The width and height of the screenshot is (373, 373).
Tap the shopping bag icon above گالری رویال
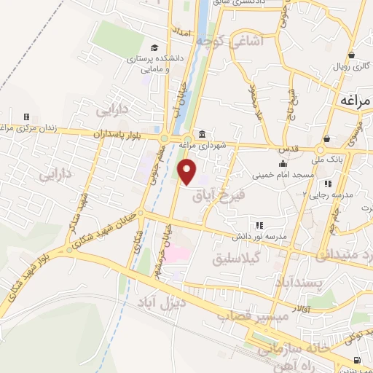tap(351, 55)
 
